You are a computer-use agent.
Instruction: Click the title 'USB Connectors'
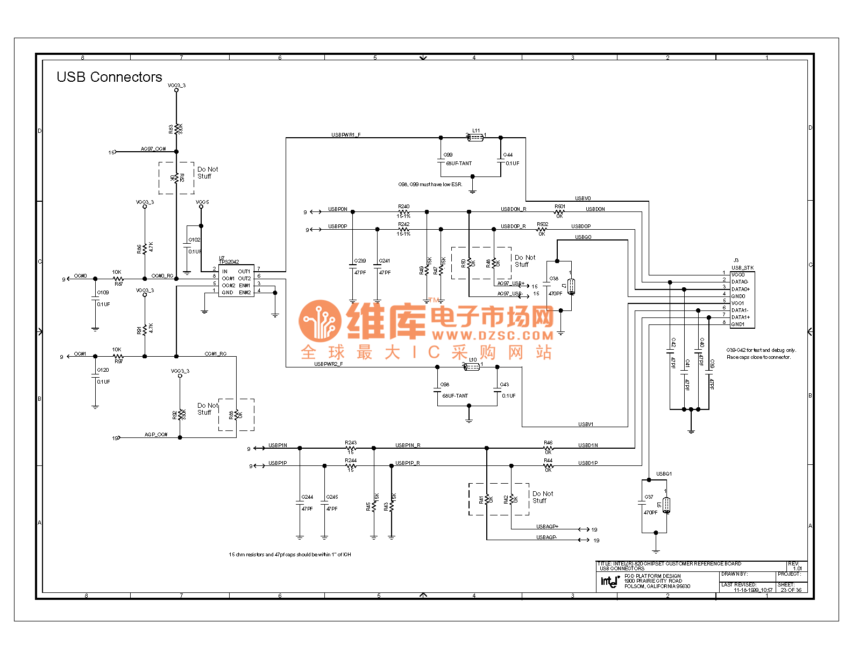point(109,77)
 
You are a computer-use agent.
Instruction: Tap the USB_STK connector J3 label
point(742,267)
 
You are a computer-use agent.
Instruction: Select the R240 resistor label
point(403,207)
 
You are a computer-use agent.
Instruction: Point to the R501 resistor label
point(560,207)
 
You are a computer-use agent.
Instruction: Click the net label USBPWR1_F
point(346,135)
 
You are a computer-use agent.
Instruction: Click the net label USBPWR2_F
point(328,364)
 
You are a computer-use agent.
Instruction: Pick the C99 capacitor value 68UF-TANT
point(459,164)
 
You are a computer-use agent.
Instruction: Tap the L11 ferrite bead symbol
point(475,138)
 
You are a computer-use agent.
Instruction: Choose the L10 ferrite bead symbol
point(472,367)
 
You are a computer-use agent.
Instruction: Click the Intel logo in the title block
point(610,581)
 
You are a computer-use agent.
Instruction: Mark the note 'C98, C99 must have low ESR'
point(430,185)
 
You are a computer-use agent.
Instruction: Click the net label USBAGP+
point(547,527)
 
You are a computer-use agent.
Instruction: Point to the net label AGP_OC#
point(156,435)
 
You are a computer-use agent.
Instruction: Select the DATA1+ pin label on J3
point(740,317)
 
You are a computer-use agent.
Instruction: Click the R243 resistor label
point(351,443)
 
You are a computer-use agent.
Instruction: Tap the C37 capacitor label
point(649,497)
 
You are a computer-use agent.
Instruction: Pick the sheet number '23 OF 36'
point(791,590)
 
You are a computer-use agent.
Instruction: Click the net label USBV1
point(586,424)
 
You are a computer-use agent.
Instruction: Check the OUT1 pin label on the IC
point(244,272)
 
